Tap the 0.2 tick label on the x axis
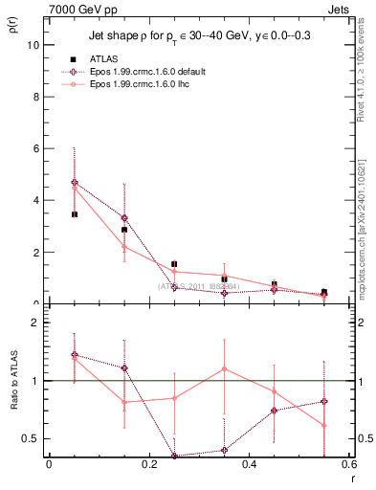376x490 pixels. pyautogui.click(x=148, y=465)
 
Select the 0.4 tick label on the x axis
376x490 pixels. pyautogui.click(x=249, y=465)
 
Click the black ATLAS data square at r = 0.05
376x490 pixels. pyautogui.click(x=74, y=214)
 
